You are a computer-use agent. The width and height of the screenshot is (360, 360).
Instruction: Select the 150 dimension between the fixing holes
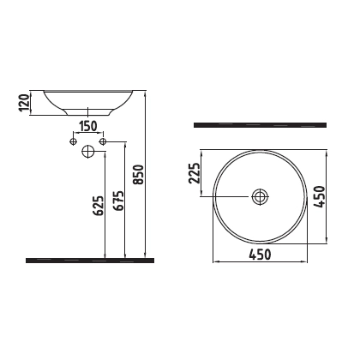(x=88, y=127)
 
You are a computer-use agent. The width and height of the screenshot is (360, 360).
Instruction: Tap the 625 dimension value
(x=97, y=205)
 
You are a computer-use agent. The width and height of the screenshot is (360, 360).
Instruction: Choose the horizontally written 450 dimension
(x=260, y=254)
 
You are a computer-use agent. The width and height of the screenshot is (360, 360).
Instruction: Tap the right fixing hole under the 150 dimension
(x=103, y=140)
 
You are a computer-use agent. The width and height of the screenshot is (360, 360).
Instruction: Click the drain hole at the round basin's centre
(x=260, y=197)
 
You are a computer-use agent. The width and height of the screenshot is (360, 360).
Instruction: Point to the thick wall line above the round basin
(x=259, y=125)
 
